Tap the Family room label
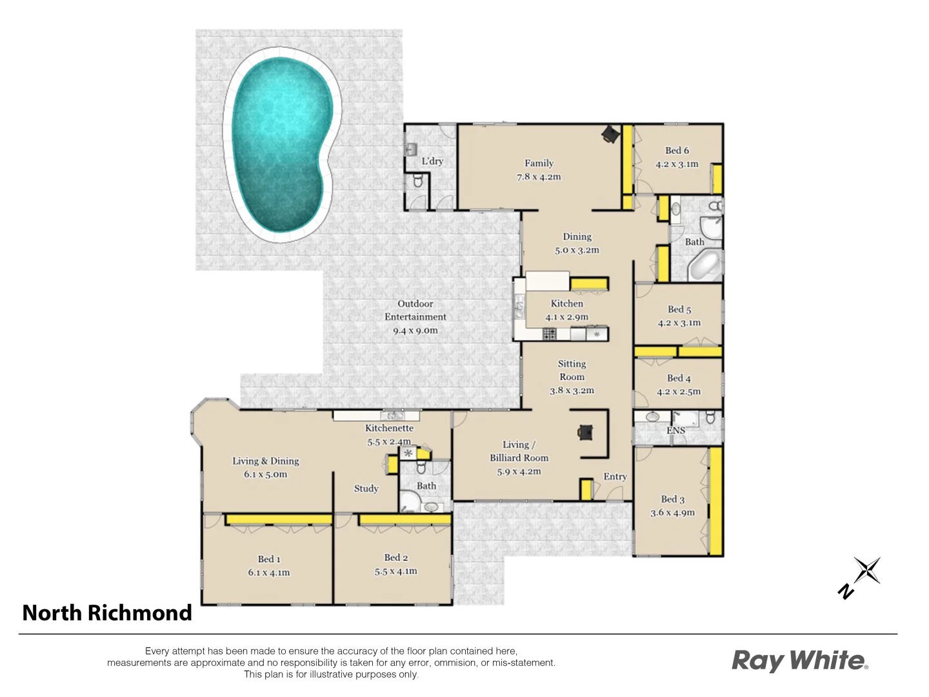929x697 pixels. (x=539, y=163)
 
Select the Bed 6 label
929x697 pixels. (x=677, y=150)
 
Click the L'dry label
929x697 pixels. (x=432, y=161)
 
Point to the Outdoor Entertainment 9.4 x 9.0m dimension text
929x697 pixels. (x=415, y=330)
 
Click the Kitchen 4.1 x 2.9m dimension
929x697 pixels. (x=566, y=317)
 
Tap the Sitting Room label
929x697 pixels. (x=572, y=370)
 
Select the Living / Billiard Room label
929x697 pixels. (x=519, y=451)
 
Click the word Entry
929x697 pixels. (x=615, y=476)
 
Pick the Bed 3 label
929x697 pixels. (x=672, y=499)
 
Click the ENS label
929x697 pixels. (x=675, y=430)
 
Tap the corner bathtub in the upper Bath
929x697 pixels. (x=703, y=265)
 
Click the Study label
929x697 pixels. (x=366, y=489)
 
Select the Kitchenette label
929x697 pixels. (x=389, y=428)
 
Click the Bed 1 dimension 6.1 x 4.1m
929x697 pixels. (x=268, y=572)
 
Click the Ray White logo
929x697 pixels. (x=799, y=661)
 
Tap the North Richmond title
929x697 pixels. (x=107, y=612)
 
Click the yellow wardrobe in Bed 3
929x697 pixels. (x=715, y=501)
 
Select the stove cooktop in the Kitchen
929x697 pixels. (x=549, y=334)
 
